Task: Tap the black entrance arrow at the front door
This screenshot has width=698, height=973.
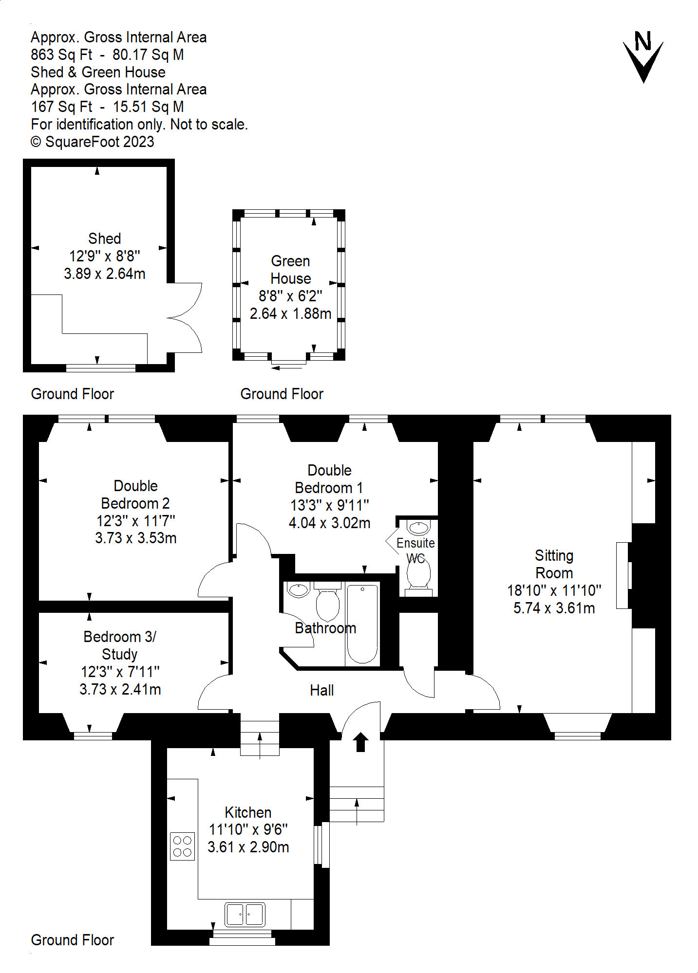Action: [360, 742]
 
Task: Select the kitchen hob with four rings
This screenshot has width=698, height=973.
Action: [182, 846]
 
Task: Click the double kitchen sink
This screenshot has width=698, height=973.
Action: [245, 915]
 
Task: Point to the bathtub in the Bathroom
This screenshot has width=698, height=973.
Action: [362, 624]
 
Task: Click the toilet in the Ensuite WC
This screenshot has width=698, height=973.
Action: [418, 574]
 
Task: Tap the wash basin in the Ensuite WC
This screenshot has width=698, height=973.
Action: [418, 528]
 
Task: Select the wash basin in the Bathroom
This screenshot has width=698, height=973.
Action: [298, 589]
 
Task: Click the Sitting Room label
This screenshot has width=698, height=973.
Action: [554, 564]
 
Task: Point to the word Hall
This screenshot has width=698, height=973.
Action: [321, 690]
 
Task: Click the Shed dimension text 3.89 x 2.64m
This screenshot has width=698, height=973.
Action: [104, 274]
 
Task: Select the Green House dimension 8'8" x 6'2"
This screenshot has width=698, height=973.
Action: [290, 296]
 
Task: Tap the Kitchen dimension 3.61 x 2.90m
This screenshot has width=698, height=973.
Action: [248, 847]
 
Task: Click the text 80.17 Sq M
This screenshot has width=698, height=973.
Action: [148, 55]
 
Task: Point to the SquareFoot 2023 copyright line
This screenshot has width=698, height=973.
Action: [93, 142]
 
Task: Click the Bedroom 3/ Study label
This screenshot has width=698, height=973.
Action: [120, 645]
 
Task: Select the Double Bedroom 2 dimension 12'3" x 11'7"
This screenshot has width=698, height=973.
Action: [135, 521]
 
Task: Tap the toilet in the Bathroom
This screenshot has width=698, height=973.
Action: [327, 604]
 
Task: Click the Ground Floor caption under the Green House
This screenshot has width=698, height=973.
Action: [282, 394]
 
